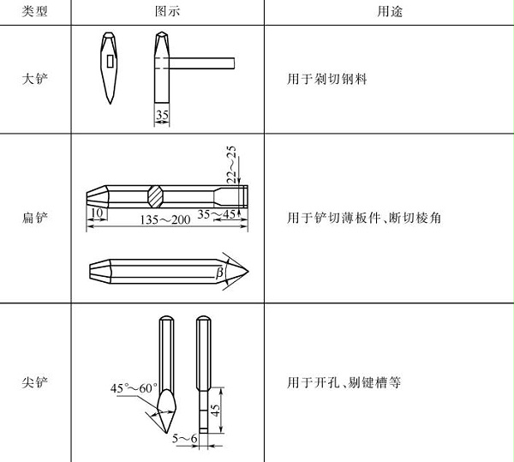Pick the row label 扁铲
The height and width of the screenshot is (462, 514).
(36, 219)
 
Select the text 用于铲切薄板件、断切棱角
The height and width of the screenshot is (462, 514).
(363, 219)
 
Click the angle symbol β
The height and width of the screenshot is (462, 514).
(220, 272)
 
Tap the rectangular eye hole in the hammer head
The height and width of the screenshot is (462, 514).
(110, 62)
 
